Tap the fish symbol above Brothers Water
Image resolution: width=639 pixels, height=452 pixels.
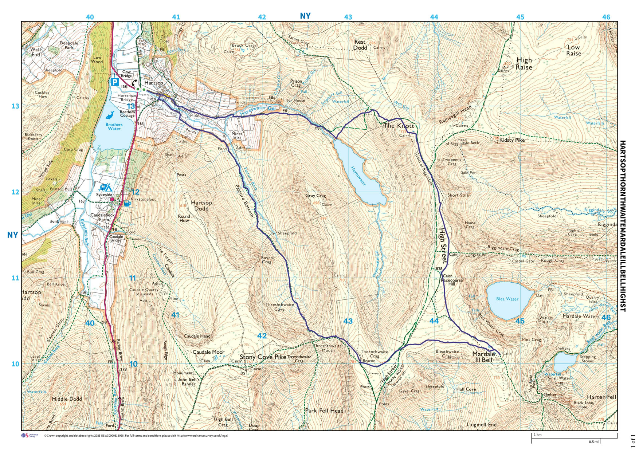[110, 116]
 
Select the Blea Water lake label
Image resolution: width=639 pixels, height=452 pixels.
[507, 299]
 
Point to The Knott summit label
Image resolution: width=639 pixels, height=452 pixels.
[399, 126]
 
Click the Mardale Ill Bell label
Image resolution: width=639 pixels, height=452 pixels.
[484, 357]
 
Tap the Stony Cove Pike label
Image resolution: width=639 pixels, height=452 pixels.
[263, 357]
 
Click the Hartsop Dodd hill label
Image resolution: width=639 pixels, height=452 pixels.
[201, 206]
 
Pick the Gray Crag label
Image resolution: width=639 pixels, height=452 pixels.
[315, 196]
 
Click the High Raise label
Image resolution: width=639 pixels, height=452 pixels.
[524, 64]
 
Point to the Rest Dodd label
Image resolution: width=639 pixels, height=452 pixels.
[360, 45]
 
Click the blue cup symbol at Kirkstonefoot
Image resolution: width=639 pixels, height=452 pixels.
[127, 203]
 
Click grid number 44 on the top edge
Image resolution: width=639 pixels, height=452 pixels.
[434, 17]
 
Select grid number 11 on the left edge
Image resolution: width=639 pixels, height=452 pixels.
[15, 278]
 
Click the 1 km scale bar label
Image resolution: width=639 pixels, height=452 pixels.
[538, 435]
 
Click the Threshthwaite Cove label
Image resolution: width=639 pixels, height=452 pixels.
[279, 307]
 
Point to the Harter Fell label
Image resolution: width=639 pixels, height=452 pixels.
[601, 397]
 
